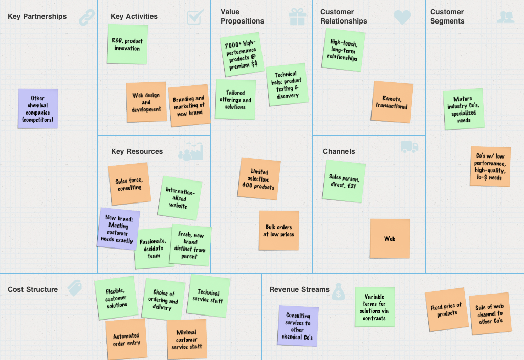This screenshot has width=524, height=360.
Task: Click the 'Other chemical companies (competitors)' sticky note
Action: pos(37,108)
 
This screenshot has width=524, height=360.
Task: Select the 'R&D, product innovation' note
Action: pos(127,44)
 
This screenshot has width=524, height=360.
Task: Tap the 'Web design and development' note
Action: pos(146,102)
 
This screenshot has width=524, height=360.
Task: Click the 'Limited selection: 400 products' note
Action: pos(259,178)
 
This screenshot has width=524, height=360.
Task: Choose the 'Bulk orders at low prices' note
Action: pos(278,230)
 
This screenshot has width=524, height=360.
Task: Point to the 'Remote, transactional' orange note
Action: pos(392,102)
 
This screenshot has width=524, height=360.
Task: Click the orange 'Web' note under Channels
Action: pos(390,238)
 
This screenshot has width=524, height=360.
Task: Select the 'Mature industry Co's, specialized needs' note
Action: pos(463,109)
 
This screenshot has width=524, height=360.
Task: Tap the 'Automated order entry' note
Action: pos(126,339)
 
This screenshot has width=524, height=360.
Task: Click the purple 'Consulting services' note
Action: pos(298,326)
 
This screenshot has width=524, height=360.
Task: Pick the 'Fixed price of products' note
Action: pos(446,309)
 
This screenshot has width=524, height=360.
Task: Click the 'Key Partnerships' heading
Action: pos(37,16)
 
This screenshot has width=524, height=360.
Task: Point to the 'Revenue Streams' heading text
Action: pos(299,289)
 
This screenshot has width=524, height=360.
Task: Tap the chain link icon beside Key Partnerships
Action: pos(87,17)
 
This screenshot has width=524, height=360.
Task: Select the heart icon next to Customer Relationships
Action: pos(402,17)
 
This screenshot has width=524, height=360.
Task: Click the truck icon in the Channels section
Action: pos(409,147)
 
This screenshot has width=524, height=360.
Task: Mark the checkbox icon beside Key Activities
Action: pos(195,17)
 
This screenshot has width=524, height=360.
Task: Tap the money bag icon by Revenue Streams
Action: pos(339,291)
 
